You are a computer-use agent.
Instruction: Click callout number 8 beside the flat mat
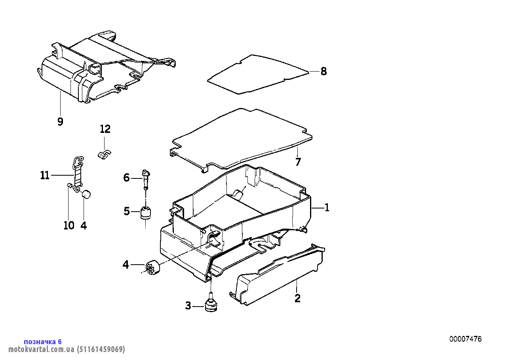tap(324, 72)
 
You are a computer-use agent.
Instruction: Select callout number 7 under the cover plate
tap(298, 162)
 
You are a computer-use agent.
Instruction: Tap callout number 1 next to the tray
tap(327, 208)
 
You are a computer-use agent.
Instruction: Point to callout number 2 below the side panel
tap(297, 298)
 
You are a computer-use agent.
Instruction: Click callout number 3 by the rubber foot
tap(188, 306)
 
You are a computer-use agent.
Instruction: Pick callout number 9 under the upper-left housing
tap(60, 122)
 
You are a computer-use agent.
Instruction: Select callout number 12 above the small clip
tap(105, 129)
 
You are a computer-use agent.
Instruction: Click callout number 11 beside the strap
tap(45, 175)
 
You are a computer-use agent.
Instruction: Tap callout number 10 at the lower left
tap(69, 225)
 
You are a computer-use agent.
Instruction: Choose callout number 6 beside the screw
tap(126, 178)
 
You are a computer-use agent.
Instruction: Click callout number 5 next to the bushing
tap(127, 211)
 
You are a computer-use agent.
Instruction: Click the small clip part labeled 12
tap(104, 153)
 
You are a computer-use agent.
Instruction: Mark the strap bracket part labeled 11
tap(78, 172)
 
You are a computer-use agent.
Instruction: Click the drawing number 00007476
tap(465, 339)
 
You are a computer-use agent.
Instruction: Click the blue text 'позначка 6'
tap(43, 342)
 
